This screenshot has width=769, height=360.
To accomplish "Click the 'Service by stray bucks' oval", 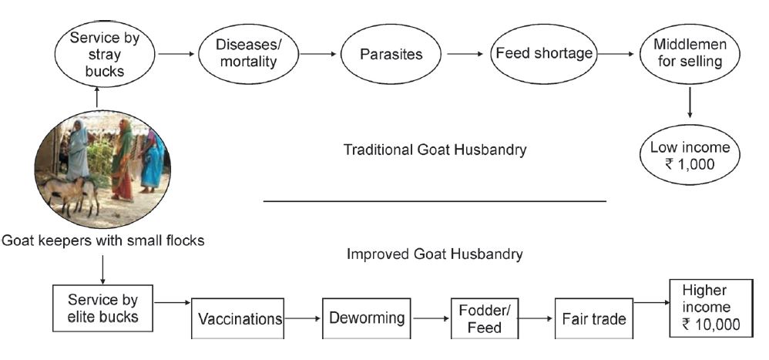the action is point(104,54).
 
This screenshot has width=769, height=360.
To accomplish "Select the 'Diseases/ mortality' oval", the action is point(248,54).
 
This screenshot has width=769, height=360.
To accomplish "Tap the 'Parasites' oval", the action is point(391,54).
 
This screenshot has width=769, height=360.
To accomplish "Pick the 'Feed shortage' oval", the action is point(544,53).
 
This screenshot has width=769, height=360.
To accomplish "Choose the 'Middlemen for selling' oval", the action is point(690,54).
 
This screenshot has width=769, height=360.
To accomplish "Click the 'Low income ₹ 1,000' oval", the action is point(690,155).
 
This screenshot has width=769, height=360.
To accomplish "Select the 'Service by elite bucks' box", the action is point(103,308).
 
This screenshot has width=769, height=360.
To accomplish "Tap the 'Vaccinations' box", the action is point(237,319).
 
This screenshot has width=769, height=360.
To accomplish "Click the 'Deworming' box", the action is point(366,319).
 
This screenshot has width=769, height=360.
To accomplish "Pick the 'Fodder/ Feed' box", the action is point(485,319).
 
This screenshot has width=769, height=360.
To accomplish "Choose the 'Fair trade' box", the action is point(594,319).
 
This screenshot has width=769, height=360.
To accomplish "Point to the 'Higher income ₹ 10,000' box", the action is point(711,308).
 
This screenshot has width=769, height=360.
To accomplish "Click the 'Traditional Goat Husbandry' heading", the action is point(435,150).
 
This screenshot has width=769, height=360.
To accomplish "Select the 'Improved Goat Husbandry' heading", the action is point(435,254).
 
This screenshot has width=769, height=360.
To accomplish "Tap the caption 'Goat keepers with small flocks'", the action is point(102,241).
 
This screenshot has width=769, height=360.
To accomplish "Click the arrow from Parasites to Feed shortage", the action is point(465,54).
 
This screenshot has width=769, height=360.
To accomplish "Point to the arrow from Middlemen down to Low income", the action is point(690,103).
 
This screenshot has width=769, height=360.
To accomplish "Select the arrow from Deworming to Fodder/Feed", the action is point(431,318).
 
